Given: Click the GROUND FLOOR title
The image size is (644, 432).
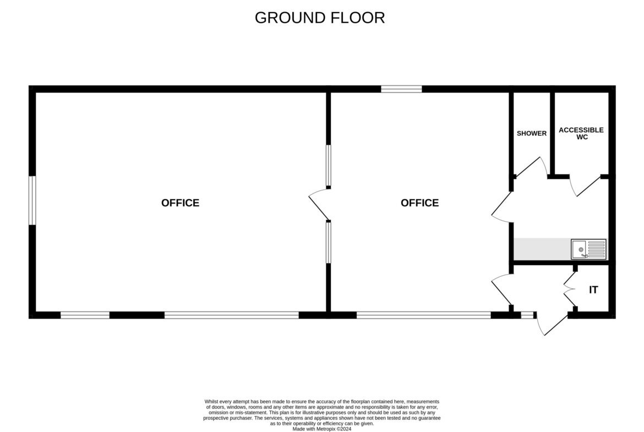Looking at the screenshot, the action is tap(320, 18).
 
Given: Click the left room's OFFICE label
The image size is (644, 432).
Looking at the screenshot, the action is tap(181, 203).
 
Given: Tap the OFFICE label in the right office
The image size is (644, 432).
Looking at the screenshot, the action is tap(420, 203).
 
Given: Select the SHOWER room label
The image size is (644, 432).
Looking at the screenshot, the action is tap(532, 133).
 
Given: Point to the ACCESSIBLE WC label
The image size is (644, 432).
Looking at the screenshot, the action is tap(581, 133).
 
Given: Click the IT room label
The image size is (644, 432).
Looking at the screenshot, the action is tap(593, 290).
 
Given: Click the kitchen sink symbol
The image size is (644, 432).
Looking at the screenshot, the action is tap(588, 249).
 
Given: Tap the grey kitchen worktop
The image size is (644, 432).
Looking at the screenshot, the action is tap(542, 249).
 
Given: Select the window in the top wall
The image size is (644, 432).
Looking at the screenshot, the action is tap(401, 89).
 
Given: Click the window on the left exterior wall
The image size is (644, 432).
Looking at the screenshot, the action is tap(32, 200).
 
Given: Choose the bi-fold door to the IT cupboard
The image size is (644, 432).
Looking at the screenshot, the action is tap(570, 289).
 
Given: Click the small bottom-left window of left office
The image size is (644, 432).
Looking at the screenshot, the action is tap(85, 315).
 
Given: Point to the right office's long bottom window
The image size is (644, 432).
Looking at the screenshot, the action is tap(423, 315).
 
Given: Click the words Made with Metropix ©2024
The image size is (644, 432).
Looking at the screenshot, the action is tap(322, 429).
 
